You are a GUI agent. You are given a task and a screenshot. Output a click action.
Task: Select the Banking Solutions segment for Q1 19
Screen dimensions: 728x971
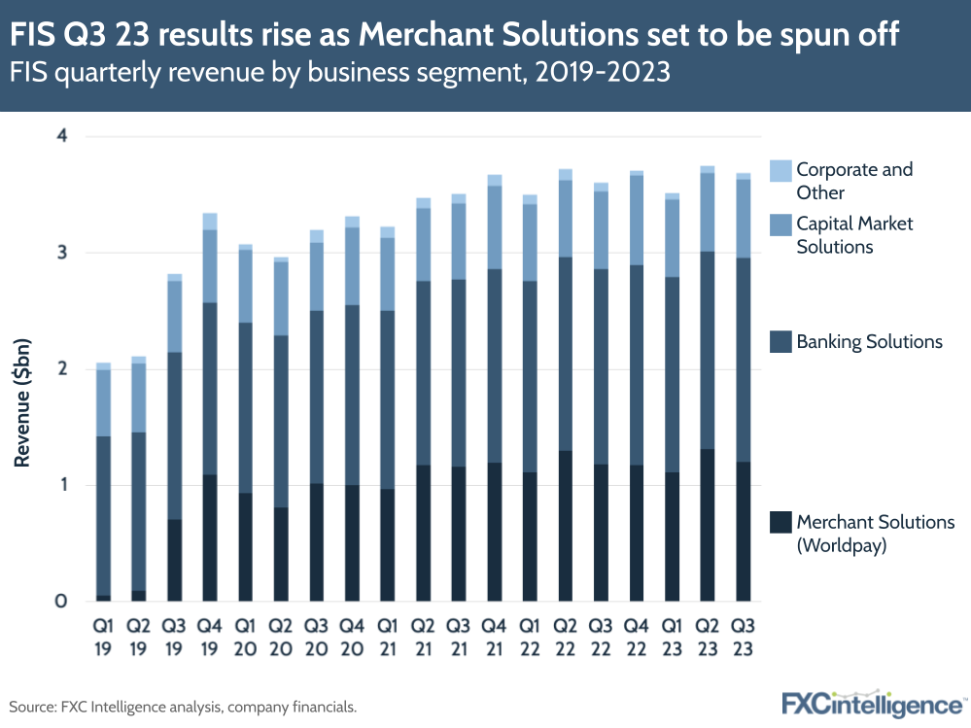tap(103, 516)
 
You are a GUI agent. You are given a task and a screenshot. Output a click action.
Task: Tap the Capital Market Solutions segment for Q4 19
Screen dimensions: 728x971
tap(210, 266)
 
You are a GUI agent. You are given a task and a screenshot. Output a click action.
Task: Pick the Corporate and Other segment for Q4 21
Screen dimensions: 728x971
tap(494, 180)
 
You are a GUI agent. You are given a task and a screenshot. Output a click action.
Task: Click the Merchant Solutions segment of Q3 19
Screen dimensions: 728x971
tap(175, 560)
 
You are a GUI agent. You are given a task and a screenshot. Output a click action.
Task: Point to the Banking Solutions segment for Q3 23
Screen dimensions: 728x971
tap(743, 360)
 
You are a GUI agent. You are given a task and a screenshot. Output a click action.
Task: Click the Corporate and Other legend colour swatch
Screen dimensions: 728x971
tap(780, 171)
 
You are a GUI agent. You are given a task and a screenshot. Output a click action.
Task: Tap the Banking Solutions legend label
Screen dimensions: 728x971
tap(869, 342)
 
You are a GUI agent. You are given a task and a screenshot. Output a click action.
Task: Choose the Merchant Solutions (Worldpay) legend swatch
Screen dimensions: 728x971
tap(780, 523)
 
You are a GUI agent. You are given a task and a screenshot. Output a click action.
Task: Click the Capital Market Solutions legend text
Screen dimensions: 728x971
tap(854, 235)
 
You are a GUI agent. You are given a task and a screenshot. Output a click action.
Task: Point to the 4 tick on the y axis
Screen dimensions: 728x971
tap(60, 136)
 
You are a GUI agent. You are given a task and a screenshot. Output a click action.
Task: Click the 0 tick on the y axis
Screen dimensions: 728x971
tap(60, 602)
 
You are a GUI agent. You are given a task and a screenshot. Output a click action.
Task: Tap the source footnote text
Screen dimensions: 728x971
tap(183, 707)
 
